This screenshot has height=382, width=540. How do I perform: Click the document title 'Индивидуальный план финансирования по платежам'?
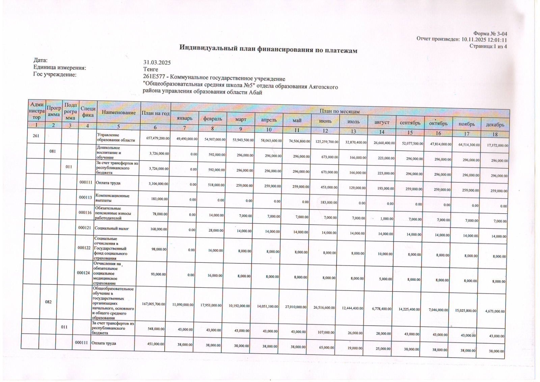[268, 49]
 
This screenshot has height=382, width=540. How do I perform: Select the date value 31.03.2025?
[157, 62]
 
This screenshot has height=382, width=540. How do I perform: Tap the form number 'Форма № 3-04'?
[490, 33]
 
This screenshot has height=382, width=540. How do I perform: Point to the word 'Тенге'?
[151, 69]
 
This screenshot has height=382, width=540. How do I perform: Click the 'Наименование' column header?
[119, 112]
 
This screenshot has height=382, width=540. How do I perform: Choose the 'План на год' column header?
[155, 113]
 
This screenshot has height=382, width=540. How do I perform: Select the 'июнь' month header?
[325, 121]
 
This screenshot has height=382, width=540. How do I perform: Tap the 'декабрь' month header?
[495, 125]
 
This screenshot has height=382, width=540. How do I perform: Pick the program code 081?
[53, 151]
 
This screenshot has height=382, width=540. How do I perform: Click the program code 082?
[48, 302]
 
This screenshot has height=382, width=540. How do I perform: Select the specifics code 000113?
[85, 198]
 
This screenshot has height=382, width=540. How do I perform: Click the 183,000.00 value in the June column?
[329, 203]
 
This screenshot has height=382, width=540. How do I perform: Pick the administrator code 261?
[36, 136]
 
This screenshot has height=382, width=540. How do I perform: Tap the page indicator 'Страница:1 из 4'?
[488, 46]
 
